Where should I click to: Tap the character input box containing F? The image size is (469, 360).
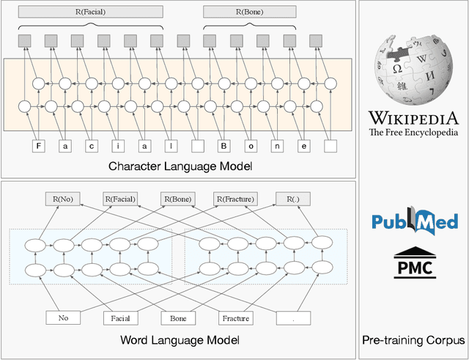pos(38,145)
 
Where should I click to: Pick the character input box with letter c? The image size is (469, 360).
pos(92,145)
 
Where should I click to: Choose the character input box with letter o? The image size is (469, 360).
pos(251,145)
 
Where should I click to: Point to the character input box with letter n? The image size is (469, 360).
pos(277,145)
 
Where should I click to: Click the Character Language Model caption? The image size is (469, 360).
pos(180,166)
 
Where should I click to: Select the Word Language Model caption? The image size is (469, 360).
pos(180,341)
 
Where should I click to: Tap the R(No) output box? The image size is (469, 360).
pos(64,198)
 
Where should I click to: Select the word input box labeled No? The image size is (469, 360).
pos(64,318)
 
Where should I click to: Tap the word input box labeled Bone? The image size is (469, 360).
pos(179,318)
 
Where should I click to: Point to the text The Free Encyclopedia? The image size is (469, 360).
pos(413,133)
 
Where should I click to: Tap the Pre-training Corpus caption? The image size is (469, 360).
pos(413,341)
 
